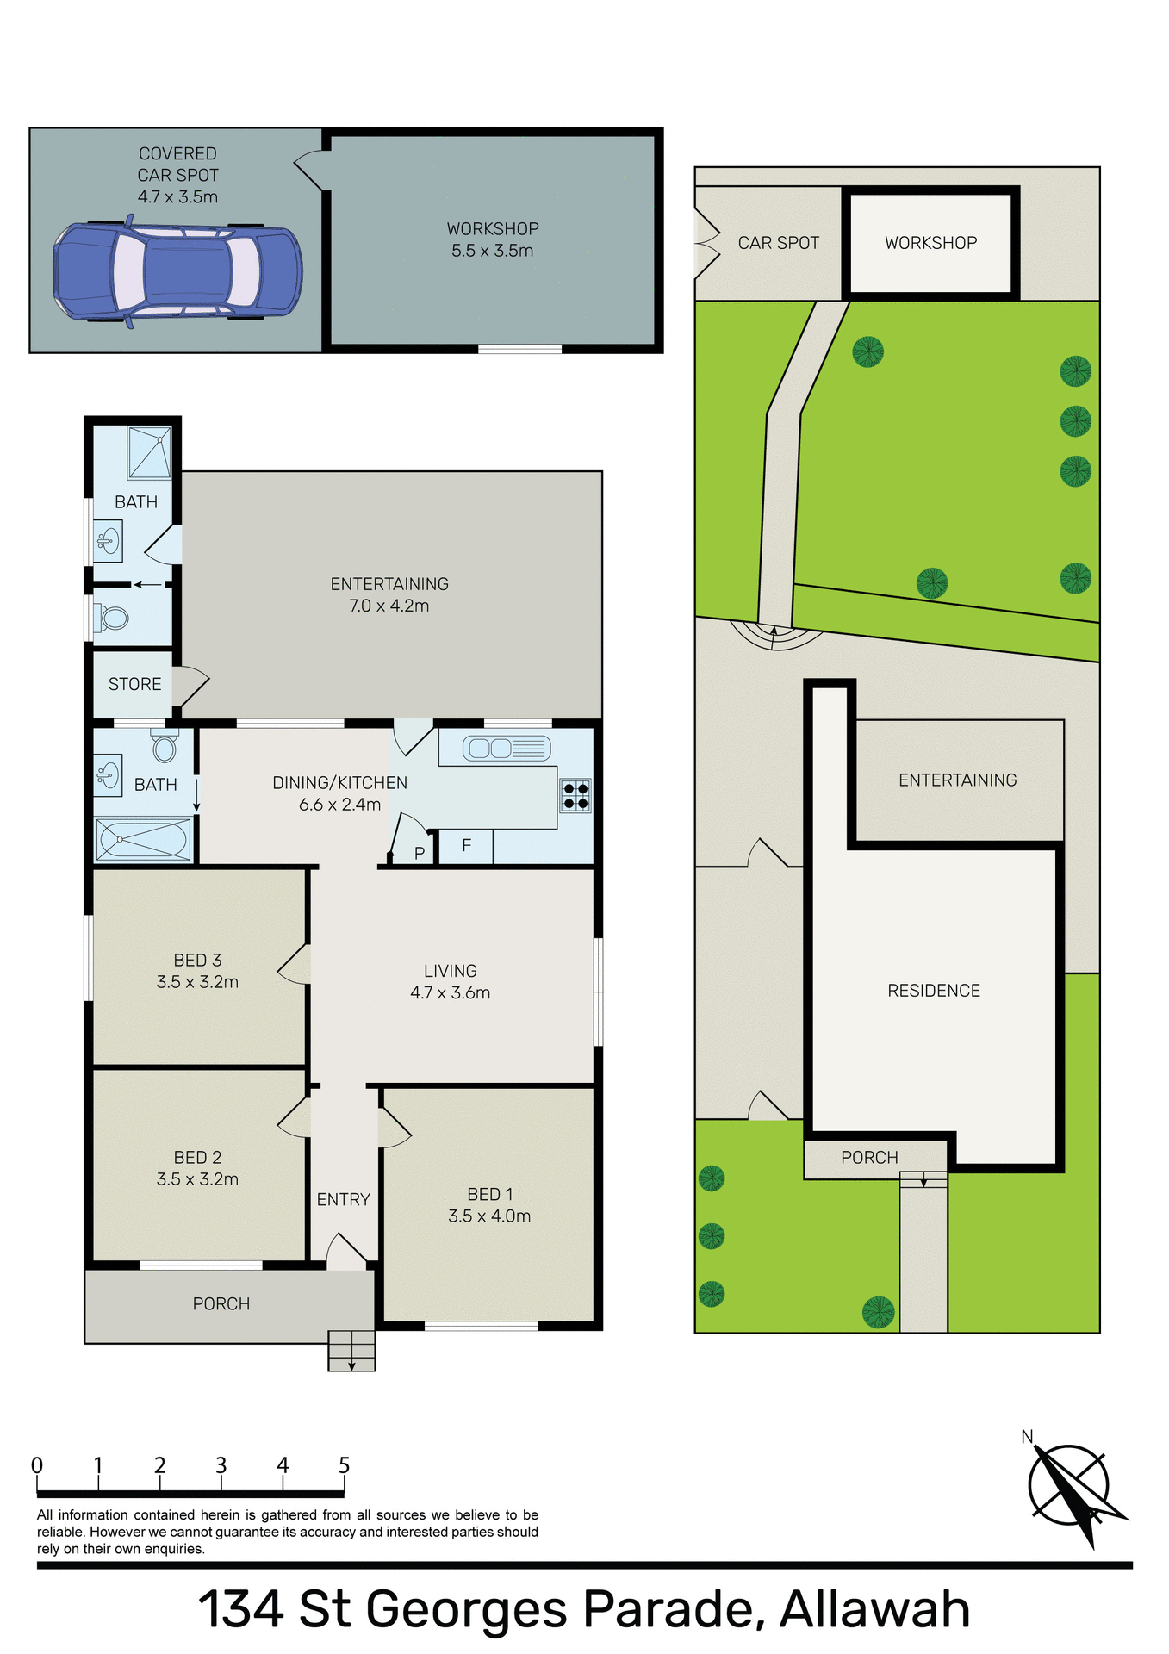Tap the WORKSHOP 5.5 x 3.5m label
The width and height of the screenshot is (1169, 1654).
click(493, 240)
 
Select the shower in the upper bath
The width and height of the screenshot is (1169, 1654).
click(150, 452)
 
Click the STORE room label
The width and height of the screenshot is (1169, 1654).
click(135, 684)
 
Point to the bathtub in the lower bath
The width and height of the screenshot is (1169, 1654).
click(144, 839)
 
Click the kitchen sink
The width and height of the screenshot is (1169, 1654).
click(506, 749)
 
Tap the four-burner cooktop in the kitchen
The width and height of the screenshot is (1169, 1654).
click(575, 796)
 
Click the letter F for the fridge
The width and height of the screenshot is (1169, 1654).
click(466, 846)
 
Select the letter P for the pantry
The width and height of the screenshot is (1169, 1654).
click(420, 854)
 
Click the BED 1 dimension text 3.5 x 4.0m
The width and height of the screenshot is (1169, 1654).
click(489, 1216)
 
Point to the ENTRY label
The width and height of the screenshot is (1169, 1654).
click(343, 1199)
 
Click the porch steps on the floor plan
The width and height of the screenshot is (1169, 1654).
click(351, 1351)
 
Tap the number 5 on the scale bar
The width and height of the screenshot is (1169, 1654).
click(344, 1465)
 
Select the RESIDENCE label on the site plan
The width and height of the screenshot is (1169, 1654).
click(934, 991)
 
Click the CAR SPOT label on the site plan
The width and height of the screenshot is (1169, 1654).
click(778, 243)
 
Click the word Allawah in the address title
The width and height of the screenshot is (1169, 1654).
click(874, 1609)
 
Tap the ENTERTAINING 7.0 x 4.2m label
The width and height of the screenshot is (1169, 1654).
click(389, 594)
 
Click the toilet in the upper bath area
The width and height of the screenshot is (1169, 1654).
click(114, 618)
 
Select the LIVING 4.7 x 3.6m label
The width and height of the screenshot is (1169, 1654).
click(450, 981)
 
